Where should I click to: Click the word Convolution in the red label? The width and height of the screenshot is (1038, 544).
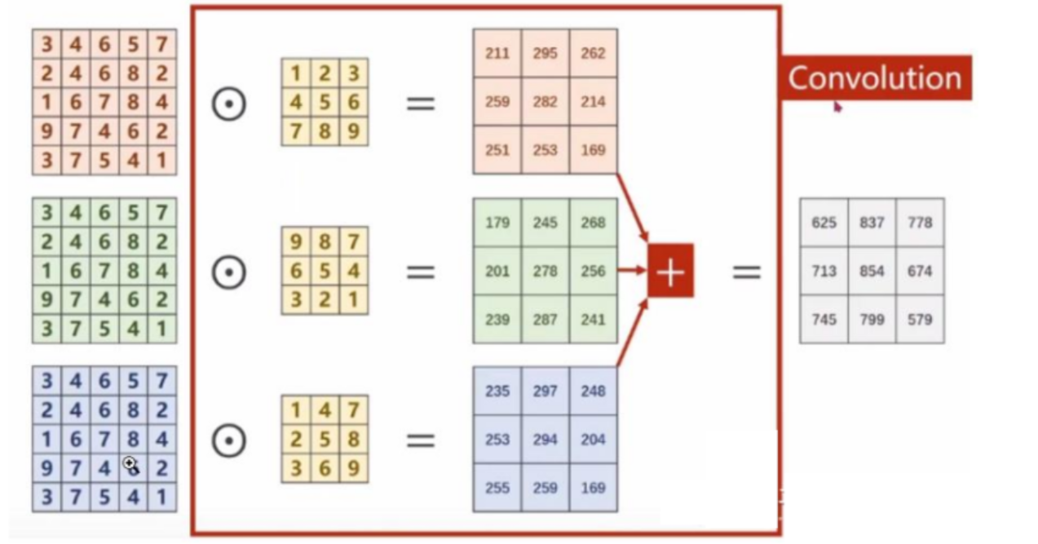click(x=874, y=77)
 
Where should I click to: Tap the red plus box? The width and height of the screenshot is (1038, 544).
click(x=670, y=271)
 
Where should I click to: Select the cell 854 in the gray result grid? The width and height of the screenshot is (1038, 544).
click(x=872, y=271)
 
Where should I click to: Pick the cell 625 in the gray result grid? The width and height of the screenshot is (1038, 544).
click(x=824, y=223)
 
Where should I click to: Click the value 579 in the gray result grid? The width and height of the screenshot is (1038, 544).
click(x=920, y=319)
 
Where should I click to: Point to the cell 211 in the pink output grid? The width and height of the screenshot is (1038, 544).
click(x=497, y=54)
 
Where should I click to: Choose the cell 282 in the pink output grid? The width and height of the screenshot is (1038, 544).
click(x=545, y=102)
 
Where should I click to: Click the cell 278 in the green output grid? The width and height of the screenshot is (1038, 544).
click(x=545, y=271)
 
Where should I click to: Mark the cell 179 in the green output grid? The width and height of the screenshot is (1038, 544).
click(x=497, y=223)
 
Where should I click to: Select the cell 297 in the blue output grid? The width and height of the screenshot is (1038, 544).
click(x=545, y=391)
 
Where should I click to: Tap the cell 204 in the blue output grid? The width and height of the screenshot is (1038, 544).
click(x=593, y=440)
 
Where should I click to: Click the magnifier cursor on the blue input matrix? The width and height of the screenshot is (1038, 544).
click(x=131, y=466)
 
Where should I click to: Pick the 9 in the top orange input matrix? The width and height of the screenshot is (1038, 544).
click(x=46, y=131)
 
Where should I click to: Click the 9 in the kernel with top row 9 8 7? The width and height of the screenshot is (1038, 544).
click(x=295, y=241)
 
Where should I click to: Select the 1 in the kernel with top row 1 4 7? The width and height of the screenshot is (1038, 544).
click(x=295, y=410)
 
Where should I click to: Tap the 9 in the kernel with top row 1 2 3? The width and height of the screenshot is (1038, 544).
click(x=353, y=131)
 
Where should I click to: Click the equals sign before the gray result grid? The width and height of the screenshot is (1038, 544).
click(x=746, y=272)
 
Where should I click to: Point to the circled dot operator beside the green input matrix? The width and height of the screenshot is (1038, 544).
click(x=229, y=272)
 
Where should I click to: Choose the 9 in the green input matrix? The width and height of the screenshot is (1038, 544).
click(x=46, y=300)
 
